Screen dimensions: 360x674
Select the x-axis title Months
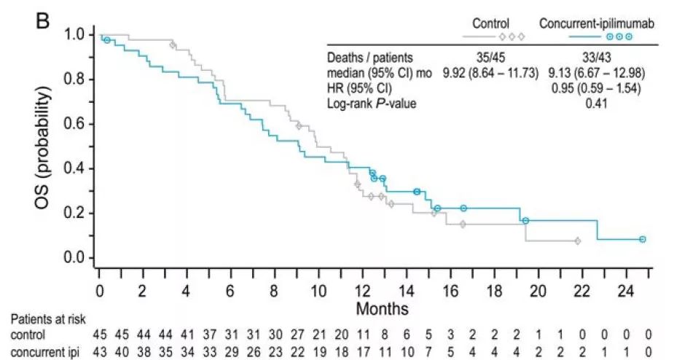point(382,309)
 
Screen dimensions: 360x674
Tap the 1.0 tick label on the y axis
point(74,34)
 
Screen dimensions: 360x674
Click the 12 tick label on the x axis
point(362,290)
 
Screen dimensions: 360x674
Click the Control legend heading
point(490,23)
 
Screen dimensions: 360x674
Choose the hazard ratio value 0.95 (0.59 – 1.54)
point(597,88)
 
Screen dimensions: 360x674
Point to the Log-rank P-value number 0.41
point(597,103)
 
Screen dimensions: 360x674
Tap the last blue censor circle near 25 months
point(643,239)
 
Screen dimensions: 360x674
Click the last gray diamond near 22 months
point(577,240)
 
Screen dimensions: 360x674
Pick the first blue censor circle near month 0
point(107,40)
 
